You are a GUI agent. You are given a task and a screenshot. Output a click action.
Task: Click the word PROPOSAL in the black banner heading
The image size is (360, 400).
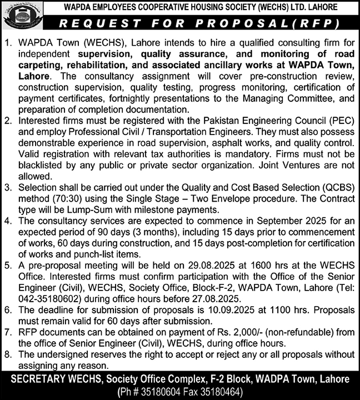(x=239, y=23)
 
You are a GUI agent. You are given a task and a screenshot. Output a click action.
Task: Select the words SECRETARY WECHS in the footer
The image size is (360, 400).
(x=53, y=379)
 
